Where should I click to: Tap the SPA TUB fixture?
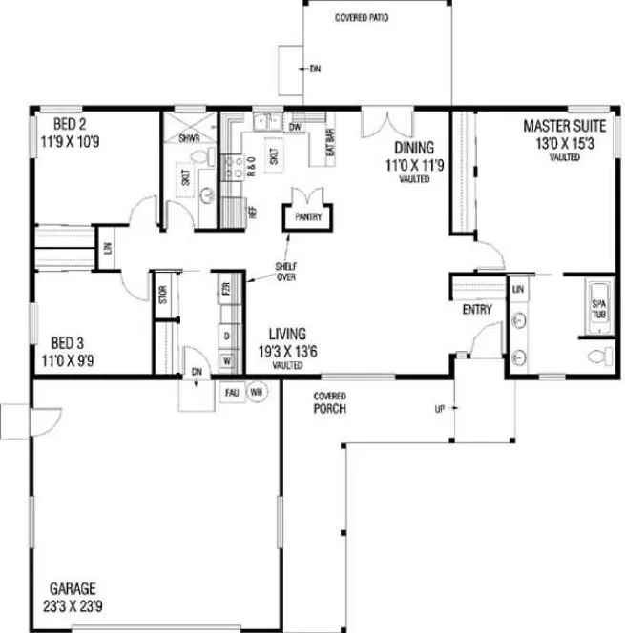[599, 307]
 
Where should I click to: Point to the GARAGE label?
[72, 588]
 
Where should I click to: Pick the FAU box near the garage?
[232, 391]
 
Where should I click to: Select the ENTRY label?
[476, 311]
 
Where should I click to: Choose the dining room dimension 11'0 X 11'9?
[414, 164]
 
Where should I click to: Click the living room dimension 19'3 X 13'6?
[288, 351]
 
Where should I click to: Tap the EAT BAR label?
[331, 142]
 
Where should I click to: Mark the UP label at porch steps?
[440, 411]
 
